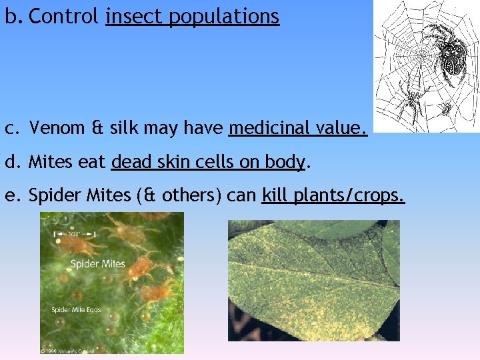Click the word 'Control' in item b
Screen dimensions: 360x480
pyautogui.click(x=64, y=16)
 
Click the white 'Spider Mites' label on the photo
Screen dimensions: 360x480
pyautogui.click(x=98, y=264)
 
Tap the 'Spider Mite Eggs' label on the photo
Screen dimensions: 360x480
pyautogui.click(x=76, y=310)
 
